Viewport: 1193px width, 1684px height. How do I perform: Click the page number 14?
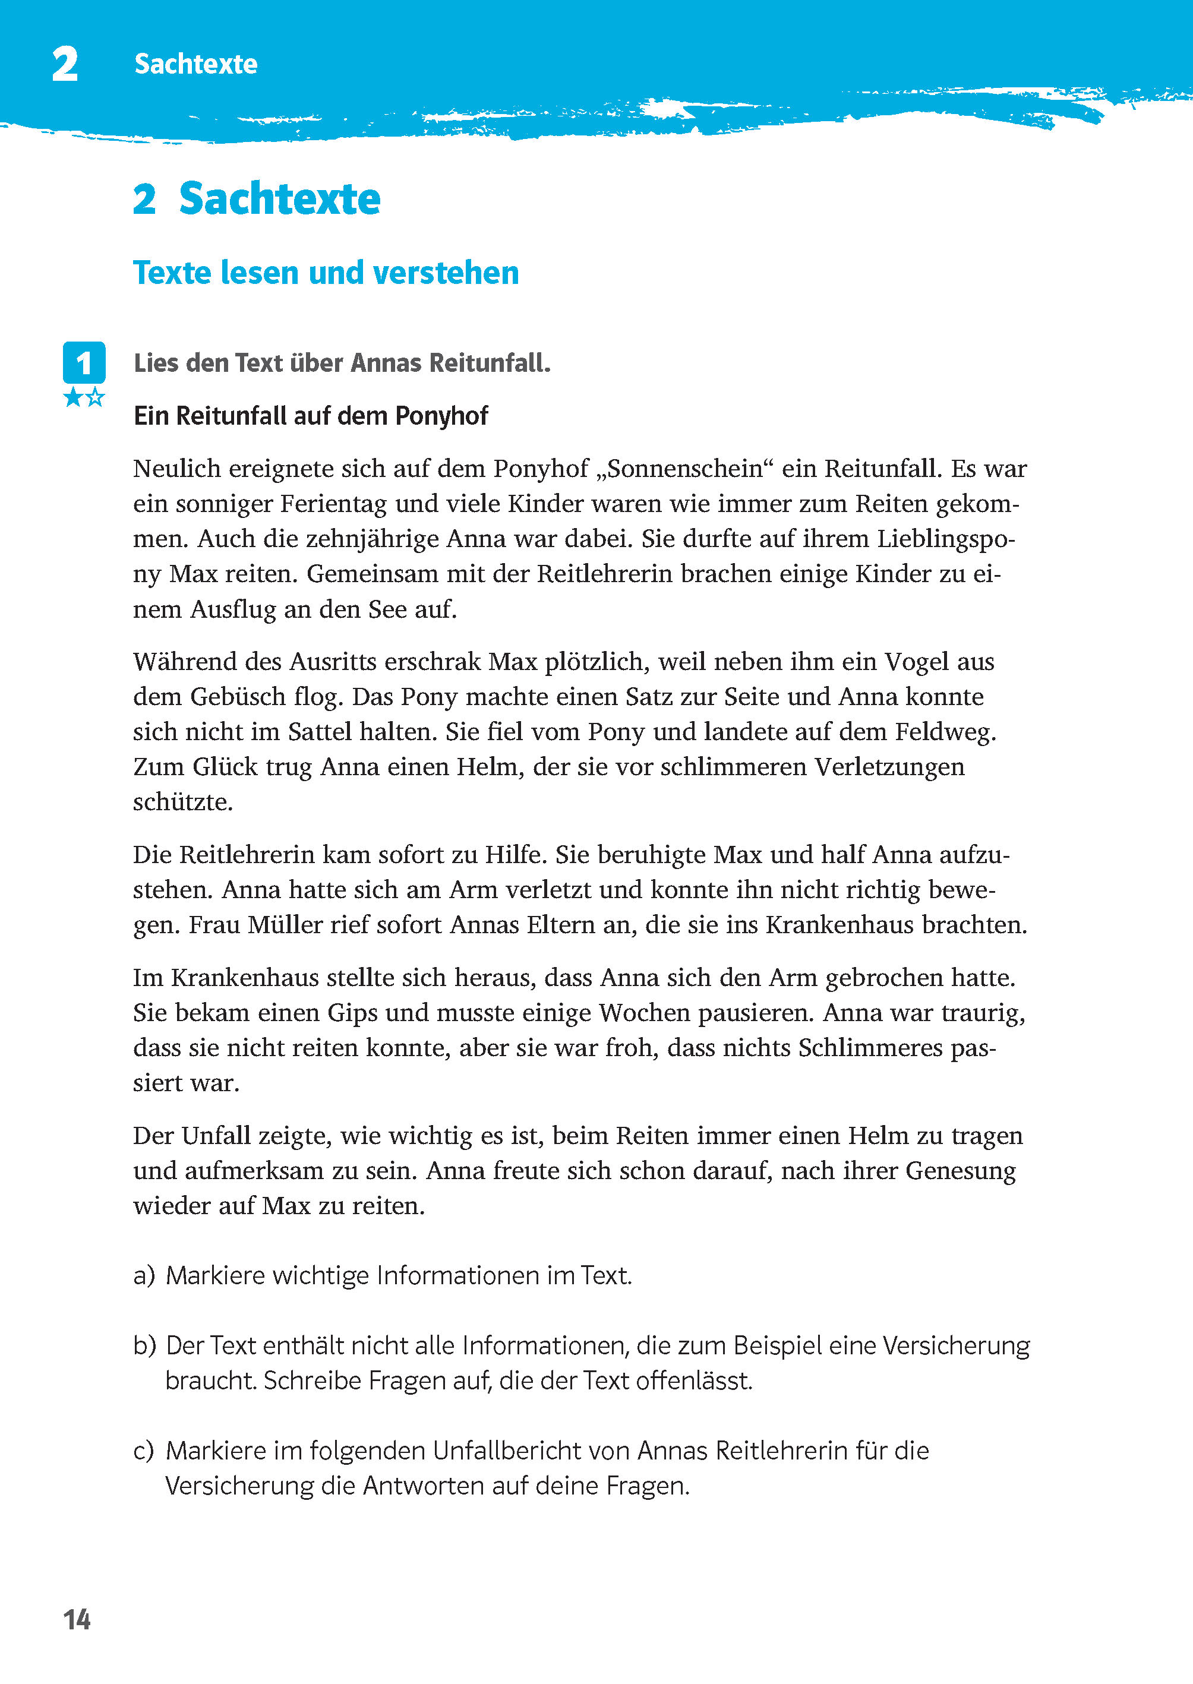77,1619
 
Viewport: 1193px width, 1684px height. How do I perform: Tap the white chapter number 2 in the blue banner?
65,64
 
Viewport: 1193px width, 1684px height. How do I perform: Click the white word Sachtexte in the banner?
195,64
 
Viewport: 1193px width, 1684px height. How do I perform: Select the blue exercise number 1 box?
84,362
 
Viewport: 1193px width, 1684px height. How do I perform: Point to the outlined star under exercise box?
96,398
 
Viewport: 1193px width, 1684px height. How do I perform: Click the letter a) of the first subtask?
144,1276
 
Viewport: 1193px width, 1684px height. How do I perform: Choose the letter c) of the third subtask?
144,1451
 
